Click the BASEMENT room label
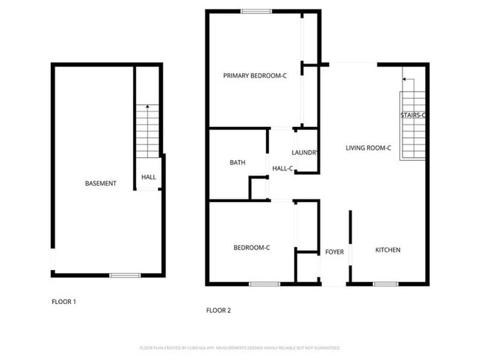[100, 183]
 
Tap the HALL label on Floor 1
[148, 177]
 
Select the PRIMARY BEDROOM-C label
[255, 75]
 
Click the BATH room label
[237, 163]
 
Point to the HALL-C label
[282, 169]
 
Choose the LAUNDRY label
[305, 153]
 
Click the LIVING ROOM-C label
[368, 148]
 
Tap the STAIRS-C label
[413, 115]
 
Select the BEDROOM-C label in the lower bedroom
[251, 248]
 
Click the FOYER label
[335, 252]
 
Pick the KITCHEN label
[388, 250]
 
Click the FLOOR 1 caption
[64, 301]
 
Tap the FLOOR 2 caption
[218, 311]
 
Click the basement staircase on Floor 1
[148, 133]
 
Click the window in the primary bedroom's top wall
[256, 11]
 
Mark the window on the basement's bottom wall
[125, 275]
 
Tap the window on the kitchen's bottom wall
[385, 284]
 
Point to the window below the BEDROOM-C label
[264, 284]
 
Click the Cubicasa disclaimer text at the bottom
[239, 347]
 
